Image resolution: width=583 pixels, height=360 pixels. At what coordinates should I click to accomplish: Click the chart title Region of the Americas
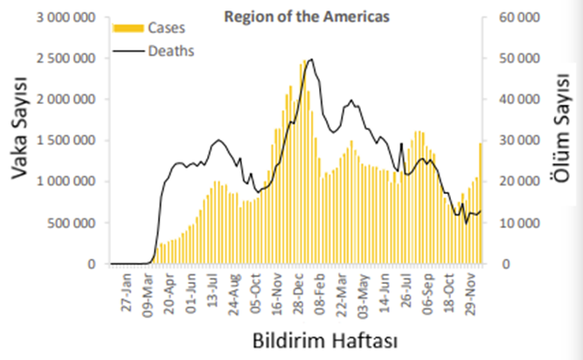click(295, 15)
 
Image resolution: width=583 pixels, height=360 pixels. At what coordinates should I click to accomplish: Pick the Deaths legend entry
click(170, 50)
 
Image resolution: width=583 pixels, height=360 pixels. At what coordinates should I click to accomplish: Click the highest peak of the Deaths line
click(312, 59)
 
